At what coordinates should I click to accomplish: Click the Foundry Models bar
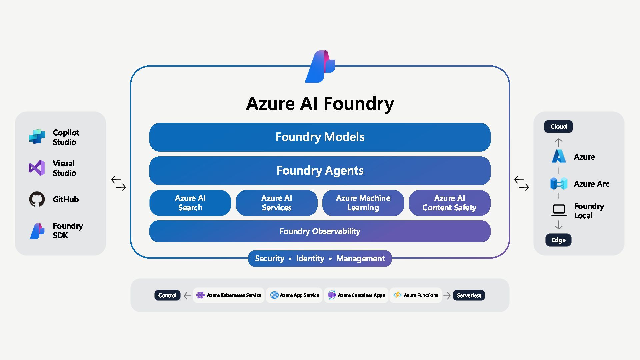point(320,137)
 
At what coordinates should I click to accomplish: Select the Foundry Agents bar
point(320,171)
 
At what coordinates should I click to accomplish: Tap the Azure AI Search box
point(190,203)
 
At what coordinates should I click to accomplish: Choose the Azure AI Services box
point(277,203)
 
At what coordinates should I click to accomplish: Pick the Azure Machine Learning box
point(363,203)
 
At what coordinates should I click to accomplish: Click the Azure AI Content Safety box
point(449,203)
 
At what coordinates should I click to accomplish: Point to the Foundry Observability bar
point(320,231)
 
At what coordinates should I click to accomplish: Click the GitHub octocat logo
point(37,199)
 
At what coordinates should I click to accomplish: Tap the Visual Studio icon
point(37,168)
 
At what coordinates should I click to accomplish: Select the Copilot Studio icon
point(37,137)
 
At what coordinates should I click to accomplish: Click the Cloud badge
point(558,127)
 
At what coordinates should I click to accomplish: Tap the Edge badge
point(558,240)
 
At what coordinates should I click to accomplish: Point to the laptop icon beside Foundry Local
point(559,210)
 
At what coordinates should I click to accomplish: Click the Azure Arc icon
point(559,184)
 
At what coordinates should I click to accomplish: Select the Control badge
point(167,295)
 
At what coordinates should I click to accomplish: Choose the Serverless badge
point(469,295)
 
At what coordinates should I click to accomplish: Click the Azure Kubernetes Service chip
point(229,295)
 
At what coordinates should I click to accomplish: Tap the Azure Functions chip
point(416,295)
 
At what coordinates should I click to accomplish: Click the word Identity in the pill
point(310,259)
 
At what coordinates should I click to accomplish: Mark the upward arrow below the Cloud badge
point(559,143)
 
